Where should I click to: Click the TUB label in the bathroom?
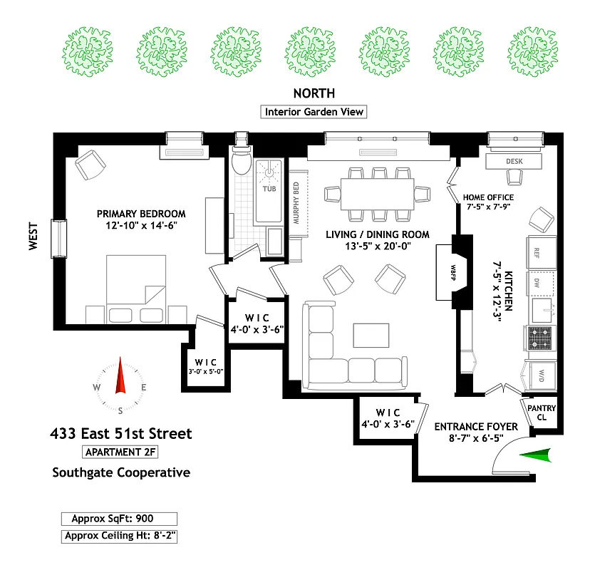[x=269, y=190]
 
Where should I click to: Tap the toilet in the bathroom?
[x=242, y=163]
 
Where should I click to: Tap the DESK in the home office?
[x=514, y=162]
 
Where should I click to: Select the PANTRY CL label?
[x=541, y=413]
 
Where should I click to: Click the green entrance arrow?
[x=534, y=455]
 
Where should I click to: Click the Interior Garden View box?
[x=314, y=112]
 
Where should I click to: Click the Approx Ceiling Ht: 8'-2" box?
[x=120, y=536]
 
